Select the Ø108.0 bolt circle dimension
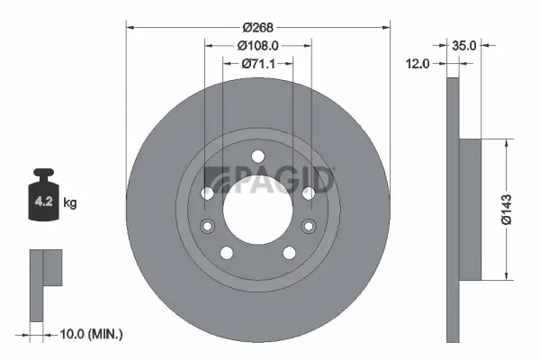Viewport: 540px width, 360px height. (257, 45)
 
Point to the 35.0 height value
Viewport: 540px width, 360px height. (464, 44)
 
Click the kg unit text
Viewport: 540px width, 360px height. (71, 203)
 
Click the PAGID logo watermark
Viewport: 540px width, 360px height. (269, 179)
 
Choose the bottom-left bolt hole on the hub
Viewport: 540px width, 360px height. (226, 252)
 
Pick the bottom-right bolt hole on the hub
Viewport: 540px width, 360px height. (289, 252)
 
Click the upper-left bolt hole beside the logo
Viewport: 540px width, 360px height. (207, 193)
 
